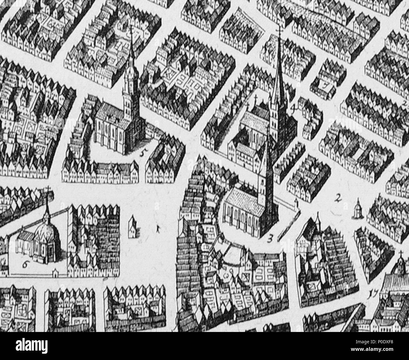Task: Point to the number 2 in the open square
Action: [339, 198]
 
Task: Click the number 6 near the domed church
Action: [25, 264]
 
